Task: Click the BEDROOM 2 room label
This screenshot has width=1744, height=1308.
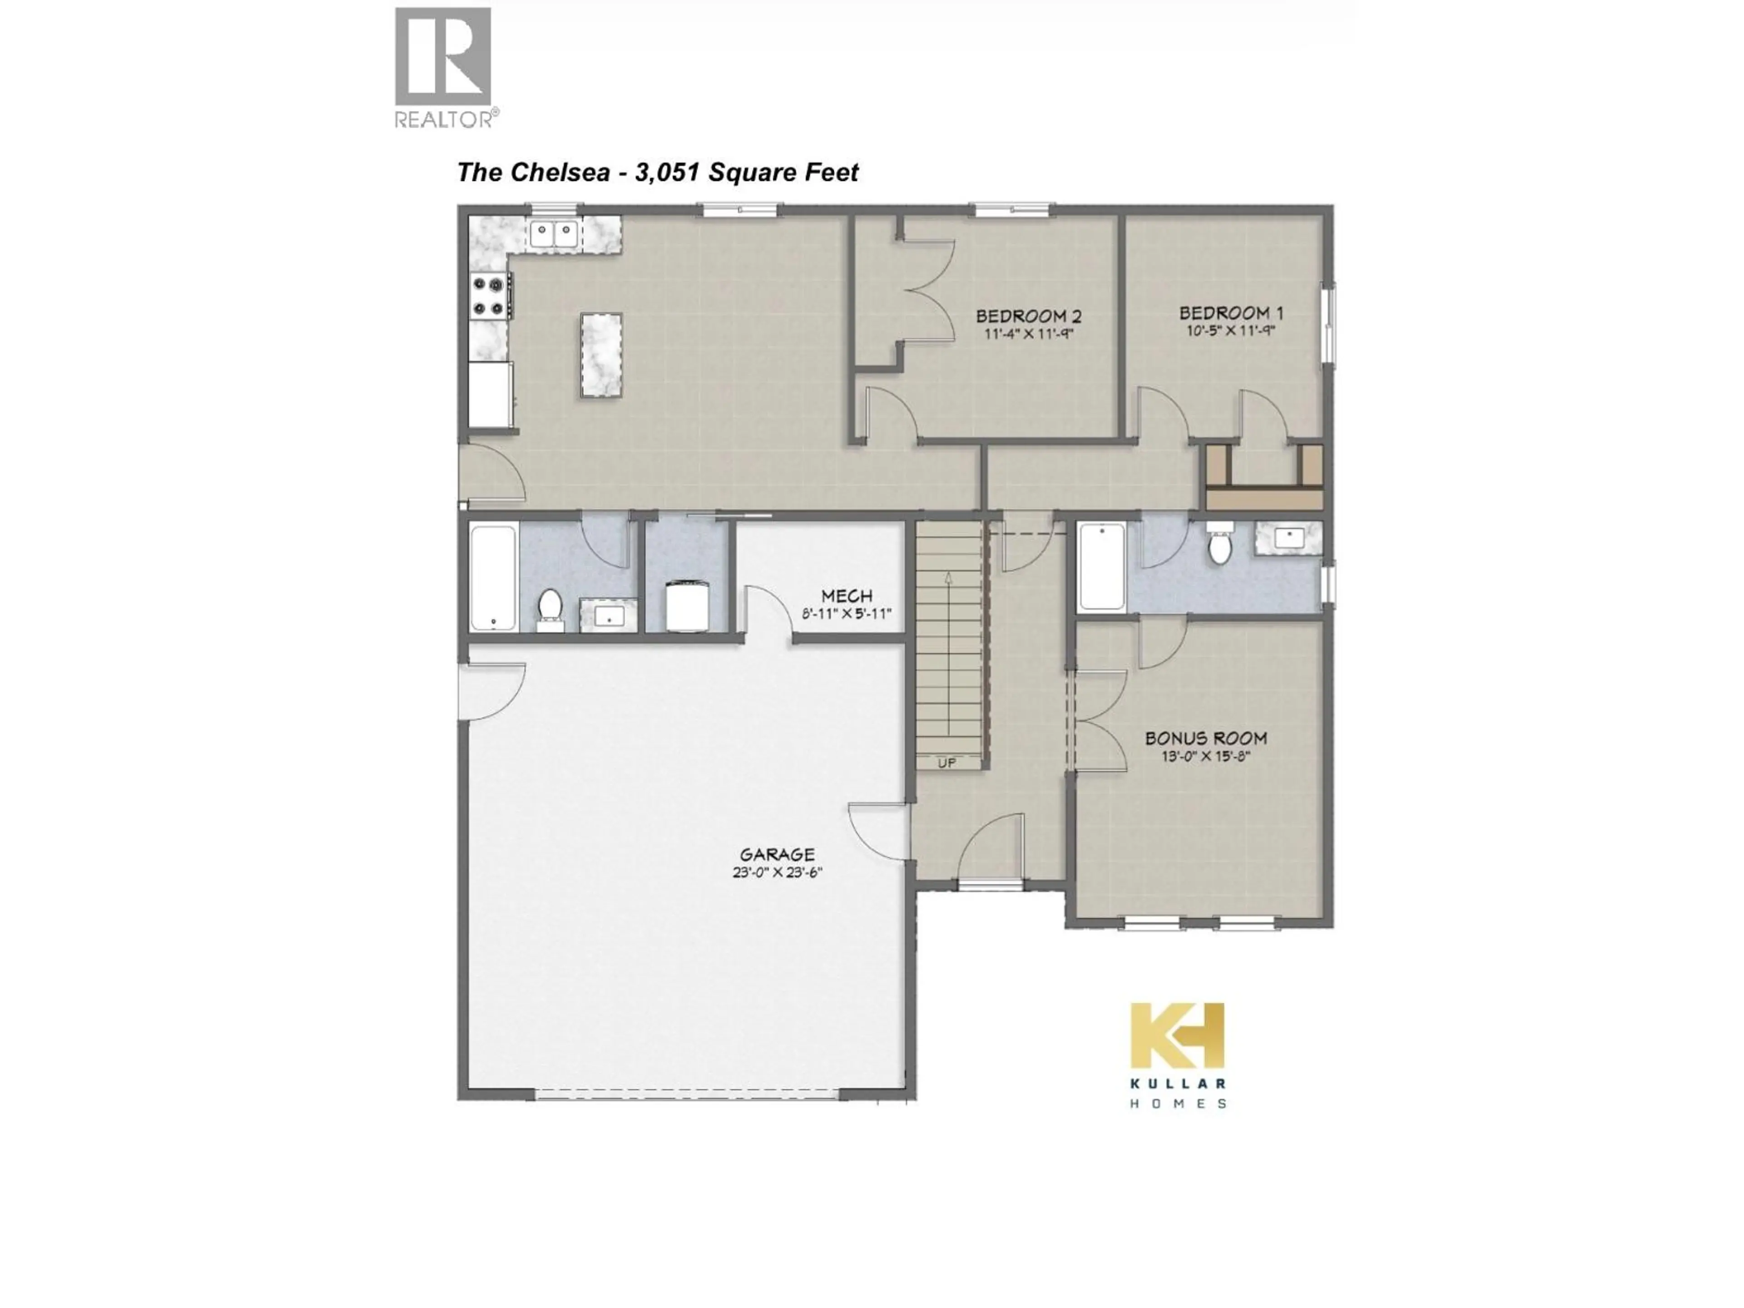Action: [x=1028, y=316]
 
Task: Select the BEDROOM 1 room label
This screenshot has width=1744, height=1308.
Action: [x=1231, y=313]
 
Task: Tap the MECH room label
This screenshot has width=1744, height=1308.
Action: [x=846, y=596]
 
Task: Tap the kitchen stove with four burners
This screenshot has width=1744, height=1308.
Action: [x=488, y=296]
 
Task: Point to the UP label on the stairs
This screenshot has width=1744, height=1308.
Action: [x=947, y=763]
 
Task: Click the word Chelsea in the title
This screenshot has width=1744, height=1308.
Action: [x=560, y=172]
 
